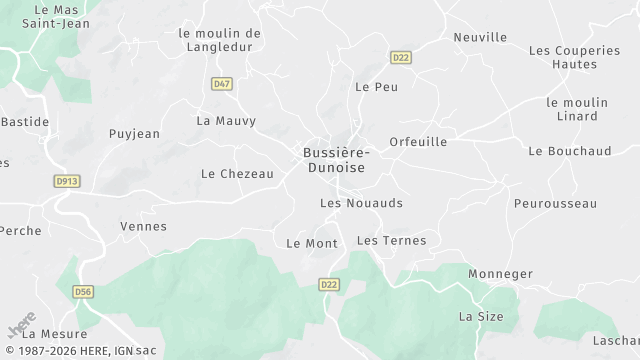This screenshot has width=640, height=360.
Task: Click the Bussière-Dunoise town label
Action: pyautogui.click(x=335, y=160)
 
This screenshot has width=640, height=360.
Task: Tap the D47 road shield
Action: pyautogui.click(x=222, y=84)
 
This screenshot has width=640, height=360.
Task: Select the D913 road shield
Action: pyautogui.click(x=66, y=180)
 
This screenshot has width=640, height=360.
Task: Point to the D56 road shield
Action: pyautogui.click(x=84, y=292)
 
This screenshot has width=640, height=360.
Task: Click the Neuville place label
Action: pyautogui.click(x=480, y=37)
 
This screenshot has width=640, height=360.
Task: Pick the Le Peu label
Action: pyautogui.click(x=377, y=87)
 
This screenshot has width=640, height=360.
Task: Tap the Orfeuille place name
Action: pyautogui.click(x=418, y=142)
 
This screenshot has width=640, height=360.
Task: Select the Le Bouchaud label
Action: pyautogui.click(x=569, y=151)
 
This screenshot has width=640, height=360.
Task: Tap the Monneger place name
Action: pyautogui.click(x=501, y=272)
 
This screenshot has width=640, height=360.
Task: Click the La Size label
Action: pyautogui.click(x=481, y=316)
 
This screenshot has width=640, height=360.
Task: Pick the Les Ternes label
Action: pyautogui.click(x=391, y=240)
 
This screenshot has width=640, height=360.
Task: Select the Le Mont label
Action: pyautogui.click(x=312, y=243)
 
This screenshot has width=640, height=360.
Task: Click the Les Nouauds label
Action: pyautogui.click(x=361, y=203)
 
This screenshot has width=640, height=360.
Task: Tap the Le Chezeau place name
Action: pyautogui.click(x=237, y=173)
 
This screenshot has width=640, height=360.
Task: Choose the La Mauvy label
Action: pyautogui.click(x=226, y=121)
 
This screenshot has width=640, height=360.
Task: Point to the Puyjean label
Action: pyautogui.click(x=133, y=133)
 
